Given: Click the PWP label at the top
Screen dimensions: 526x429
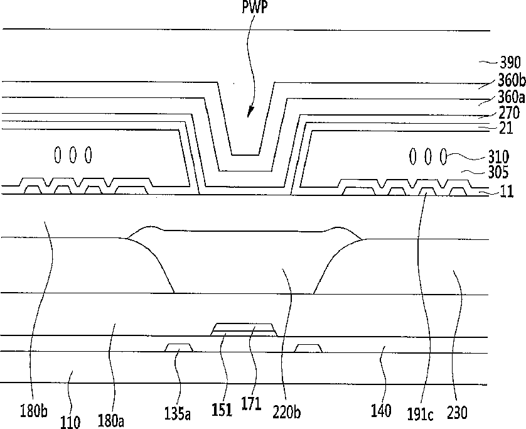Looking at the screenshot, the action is (255, 7).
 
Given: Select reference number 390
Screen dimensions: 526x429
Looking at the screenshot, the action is (510, 63).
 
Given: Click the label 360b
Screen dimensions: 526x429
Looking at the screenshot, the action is (511, 80).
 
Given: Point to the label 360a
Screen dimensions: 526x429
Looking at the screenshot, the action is (511, 97).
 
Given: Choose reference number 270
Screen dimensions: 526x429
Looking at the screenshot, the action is (509, 112).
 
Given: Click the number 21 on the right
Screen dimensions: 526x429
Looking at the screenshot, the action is (506, 128).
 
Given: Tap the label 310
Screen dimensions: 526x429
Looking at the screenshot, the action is (498, 157).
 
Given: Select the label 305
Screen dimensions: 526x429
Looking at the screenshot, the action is (498, 172).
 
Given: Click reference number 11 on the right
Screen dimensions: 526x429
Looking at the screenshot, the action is (507, 192).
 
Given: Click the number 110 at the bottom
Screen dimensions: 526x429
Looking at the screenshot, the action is (70, 422).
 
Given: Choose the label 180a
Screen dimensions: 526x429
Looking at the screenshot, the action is (110, 420).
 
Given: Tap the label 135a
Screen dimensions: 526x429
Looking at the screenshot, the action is (178, 413).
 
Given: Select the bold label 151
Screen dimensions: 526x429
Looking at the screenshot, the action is (222, 410).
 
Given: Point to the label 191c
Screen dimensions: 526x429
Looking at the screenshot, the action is (420, 414).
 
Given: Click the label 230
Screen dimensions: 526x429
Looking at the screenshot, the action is (457, 413).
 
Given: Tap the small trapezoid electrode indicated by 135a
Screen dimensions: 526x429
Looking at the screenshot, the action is (179, 347).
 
